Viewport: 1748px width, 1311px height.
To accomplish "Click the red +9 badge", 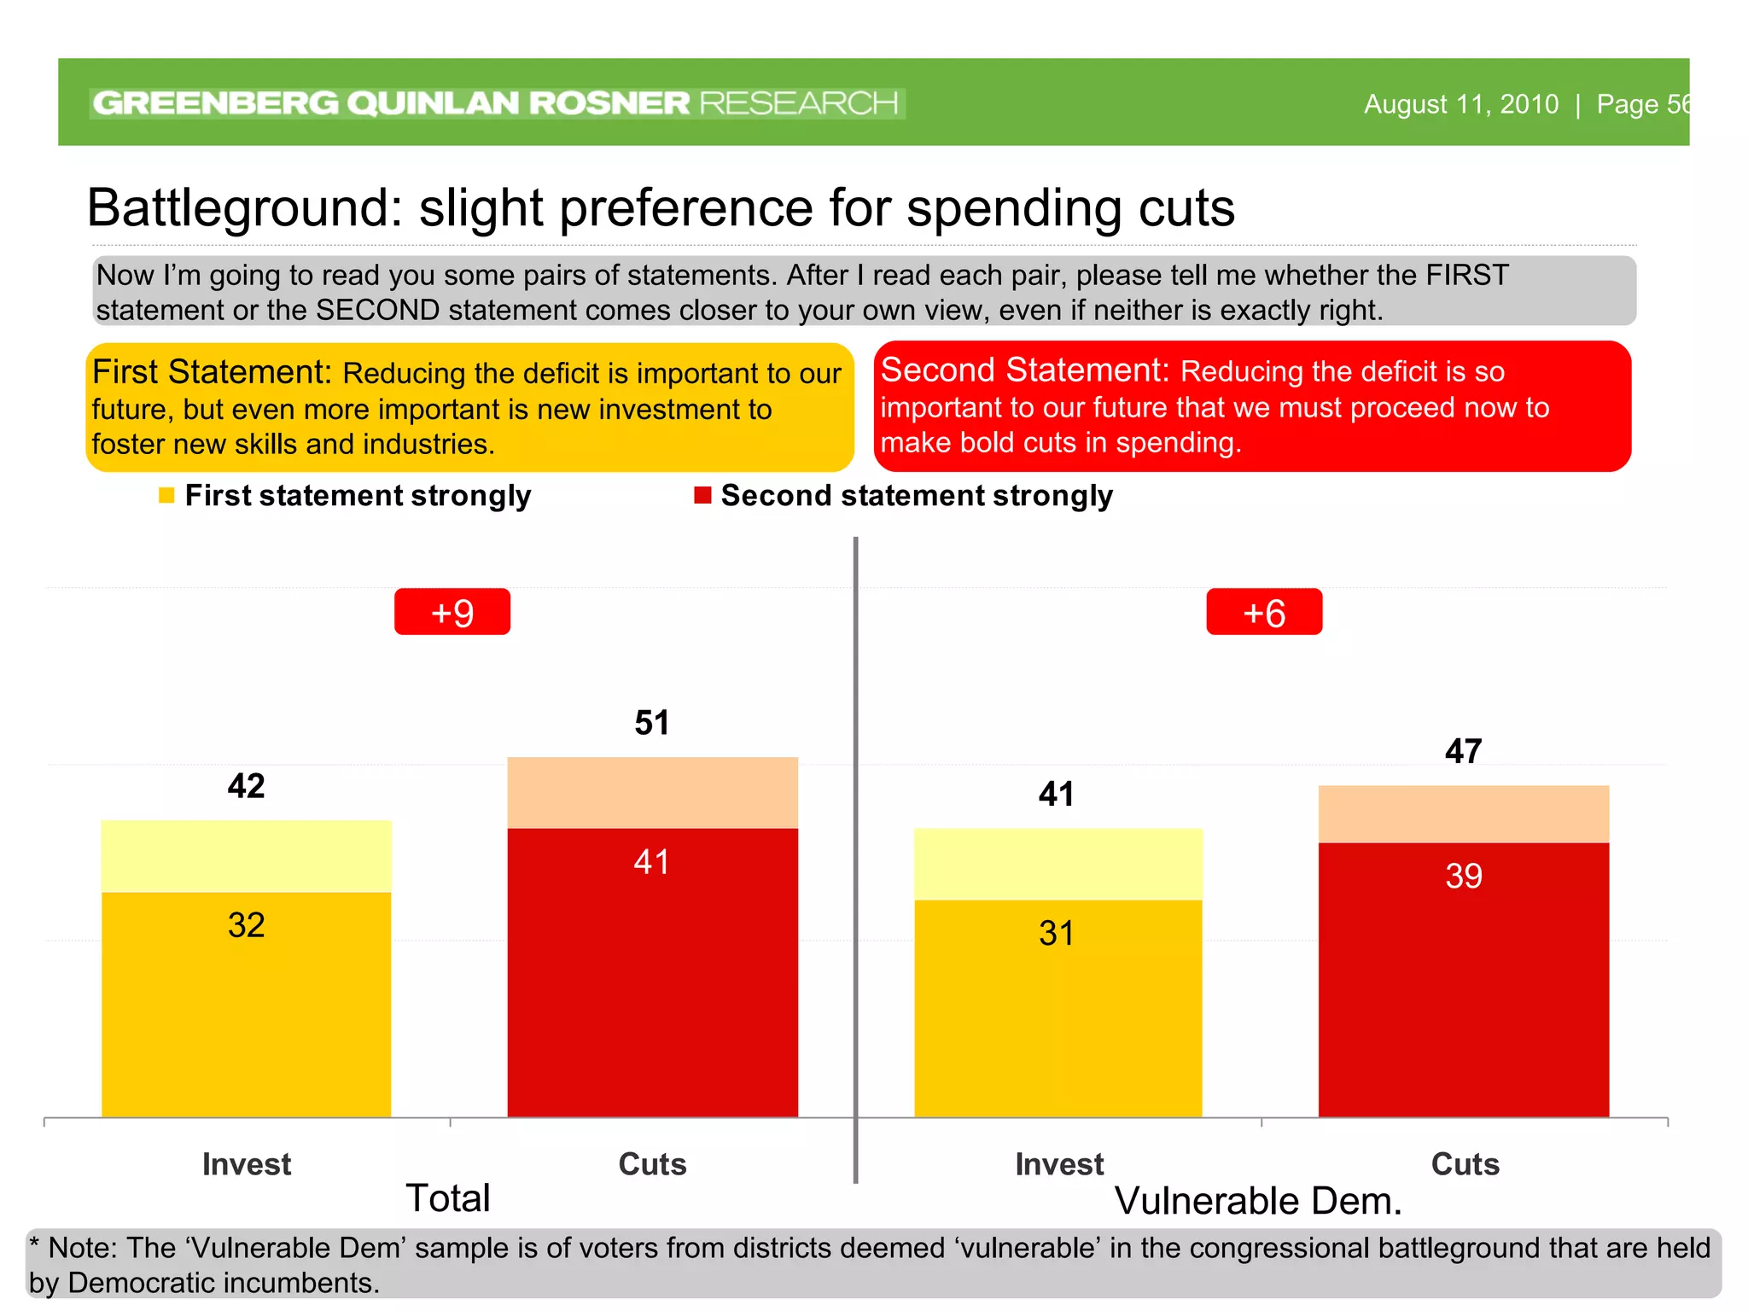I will [452, 612].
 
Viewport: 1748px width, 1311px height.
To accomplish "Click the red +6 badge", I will [1263, 612].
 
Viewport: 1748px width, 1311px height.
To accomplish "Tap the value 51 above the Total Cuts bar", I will [652, 723].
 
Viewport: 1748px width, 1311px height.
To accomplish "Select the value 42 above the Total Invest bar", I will [246, 786].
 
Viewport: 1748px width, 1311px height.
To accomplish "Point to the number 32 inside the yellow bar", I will [246, 925].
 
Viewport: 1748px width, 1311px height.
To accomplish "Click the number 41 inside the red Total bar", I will [652, 862].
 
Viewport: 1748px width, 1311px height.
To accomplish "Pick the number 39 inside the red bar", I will [1463, 877].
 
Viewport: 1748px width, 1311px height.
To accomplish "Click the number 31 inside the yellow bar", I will [1057, 934].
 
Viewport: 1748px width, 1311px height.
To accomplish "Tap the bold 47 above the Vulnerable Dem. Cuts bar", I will [1463, 752].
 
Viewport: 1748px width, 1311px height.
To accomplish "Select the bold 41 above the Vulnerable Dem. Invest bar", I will [1057, 795].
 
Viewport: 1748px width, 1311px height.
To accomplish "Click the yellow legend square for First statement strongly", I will [166, 496].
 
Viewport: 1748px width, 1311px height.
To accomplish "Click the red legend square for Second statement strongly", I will [702, 496].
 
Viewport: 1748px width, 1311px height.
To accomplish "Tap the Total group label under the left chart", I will [447, 1198].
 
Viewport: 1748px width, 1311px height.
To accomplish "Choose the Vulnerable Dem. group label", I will [1258, 1201].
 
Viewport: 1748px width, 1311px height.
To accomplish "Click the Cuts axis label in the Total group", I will [652, 1164].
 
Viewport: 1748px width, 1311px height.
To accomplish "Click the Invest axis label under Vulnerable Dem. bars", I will [1058, 1164].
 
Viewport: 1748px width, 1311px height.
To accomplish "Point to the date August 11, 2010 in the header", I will [1460, 104].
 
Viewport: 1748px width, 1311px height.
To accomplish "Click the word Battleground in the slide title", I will [244, 207].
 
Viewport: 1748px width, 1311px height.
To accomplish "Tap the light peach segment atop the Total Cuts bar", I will [652, 792].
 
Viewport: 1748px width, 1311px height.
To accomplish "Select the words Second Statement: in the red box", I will [1024, 370].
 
